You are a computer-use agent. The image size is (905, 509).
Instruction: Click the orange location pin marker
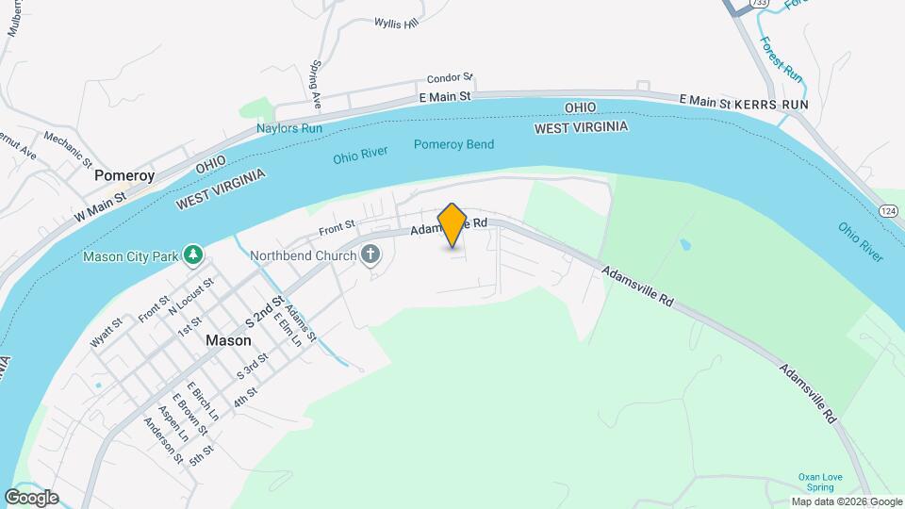point(452,224)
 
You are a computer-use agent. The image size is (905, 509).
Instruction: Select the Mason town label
point(229,340)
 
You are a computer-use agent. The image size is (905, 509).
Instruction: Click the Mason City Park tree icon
point(192,254)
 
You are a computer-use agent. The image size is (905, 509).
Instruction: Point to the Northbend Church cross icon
point(370,254)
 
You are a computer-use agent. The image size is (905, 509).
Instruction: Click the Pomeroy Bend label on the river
point(453,144)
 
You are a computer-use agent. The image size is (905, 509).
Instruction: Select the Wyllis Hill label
point(395,23)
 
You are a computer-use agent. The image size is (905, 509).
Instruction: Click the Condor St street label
point(449,79)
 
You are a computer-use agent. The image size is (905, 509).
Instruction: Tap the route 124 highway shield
point(889,209)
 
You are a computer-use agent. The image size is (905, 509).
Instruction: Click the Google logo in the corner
point(31,498)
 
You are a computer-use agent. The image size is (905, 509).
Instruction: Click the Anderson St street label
point(163,440)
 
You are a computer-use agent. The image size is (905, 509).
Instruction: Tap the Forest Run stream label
point(781,59)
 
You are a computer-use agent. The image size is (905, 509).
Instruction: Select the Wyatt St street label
point(107,335)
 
